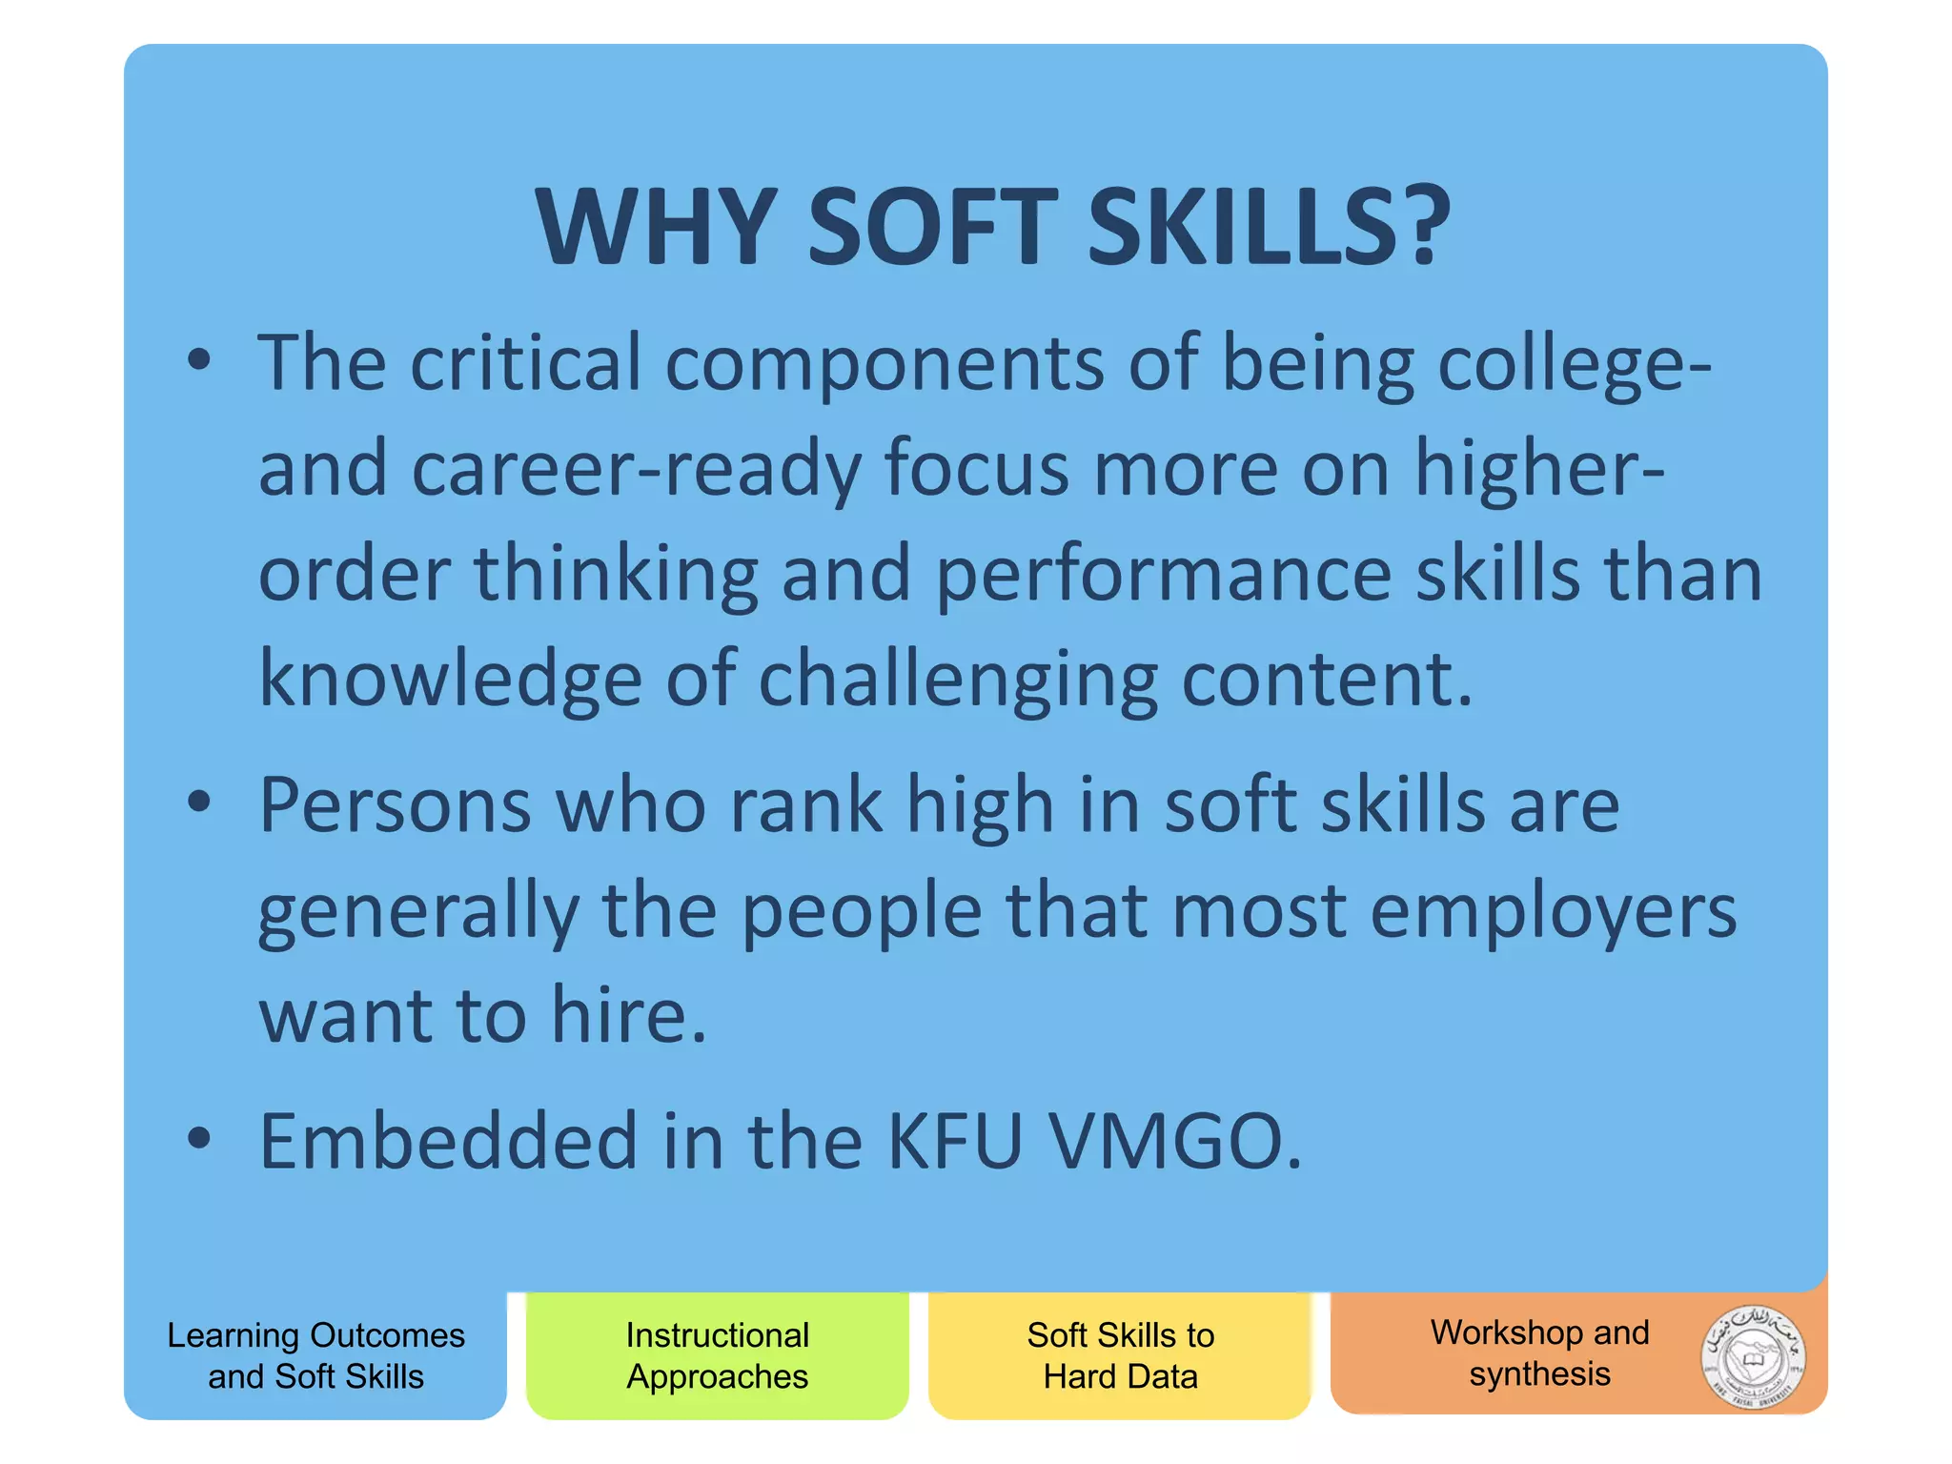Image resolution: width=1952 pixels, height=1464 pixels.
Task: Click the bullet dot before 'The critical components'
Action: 198,360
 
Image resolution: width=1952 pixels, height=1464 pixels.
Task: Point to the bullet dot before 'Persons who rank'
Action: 198,802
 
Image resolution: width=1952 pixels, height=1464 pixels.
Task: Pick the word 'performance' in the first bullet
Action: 1164,576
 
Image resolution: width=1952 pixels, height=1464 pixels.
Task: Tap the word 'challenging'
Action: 958,681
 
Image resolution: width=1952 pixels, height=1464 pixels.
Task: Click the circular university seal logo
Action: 1753,1357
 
